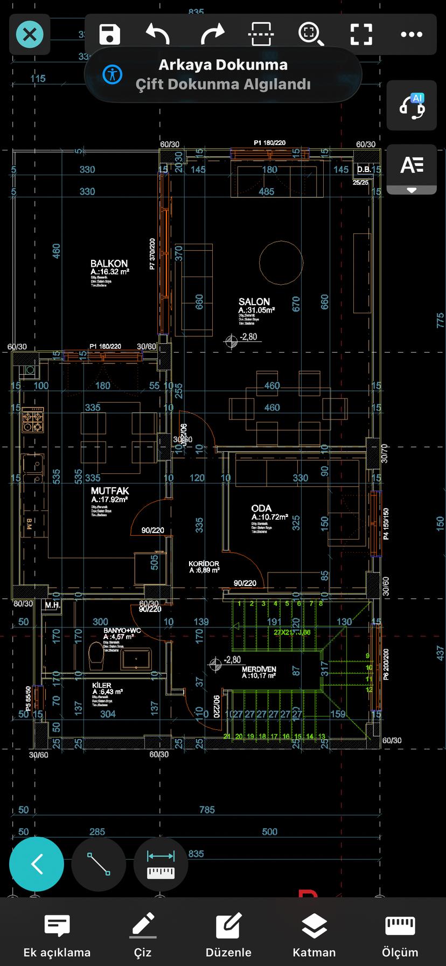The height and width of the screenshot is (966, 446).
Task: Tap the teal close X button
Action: (x=30, y=34)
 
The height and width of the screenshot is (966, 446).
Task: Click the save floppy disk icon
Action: (x=110, y=34)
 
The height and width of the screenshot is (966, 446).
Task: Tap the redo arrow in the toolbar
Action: (x=212, y=34)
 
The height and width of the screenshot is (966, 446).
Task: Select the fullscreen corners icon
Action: (x=361, y=34)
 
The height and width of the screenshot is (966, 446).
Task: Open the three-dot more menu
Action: (x=412, y=34)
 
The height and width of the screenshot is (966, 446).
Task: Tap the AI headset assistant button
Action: (x=412, y=106)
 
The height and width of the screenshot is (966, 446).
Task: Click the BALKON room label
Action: (x=109, y=264)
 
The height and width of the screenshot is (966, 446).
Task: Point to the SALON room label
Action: (x=254, y=302)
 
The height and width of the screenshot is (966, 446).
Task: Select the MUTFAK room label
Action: (x=110, y=491)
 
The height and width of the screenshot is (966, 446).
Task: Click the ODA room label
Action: (x=261, y=508)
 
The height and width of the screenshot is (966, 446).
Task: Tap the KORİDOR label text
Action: (x=204, y=564)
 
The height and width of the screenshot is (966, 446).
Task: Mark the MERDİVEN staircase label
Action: (x=259, y=669)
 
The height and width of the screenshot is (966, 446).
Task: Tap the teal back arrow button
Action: (x=37, y=864)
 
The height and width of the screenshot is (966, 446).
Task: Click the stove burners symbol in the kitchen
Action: (x=32, y=420)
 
